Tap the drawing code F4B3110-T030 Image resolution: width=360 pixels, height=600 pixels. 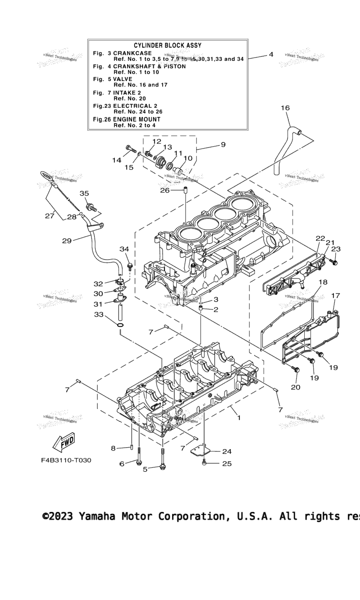[66, 460]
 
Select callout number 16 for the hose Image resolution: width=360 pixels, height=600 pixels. [285, 108]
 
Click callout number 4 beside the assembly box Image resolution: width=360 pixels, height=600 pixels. [271, 55]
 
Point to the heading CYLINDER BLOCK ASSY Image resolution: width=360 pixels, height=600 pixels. [167, 45]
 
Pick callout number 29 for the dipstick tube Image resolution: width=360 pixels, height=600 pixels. [67, 241]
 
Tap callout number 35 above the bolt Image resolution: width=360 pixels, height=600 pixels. [84, 193]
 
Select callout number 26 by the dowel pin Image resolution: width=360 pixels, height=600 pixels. [165, 190]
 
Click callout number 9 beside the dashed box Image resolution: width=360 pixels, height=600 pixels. [223, 144]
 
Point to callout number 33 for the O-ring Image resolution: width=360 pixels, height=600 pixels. [98, 315]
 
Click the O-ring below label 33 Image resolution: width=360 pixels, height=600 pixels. [120, 324]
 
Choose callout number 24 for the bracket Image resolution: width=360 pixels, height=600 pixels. [227, 452]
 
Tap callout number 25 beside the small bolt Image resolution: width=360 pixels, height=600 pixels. [227, 464]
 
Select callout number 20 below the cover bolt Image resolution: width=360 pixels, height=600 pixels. [296, 387]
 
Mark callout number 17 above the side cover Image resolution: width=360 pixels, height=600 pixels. [336, 295]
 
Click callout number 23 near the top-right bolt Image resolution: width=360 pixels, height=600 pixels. [336, 249]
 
